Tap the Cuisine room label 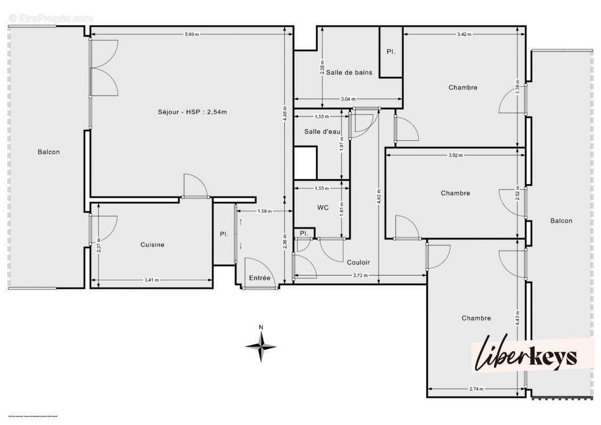[x=152, y=245]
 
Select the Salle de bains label [x=349, y=72]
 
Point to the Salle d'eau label [x=322, y=131]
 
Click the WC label [x=323, y=208]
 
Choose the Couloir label [x=358, y=262]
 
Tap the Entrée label [x=260, y=278]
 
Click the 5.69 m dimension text [x=192, y=35]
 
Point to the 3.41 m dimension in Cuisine [x=151, y=280]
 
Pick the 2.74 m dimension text [x=476, y=389]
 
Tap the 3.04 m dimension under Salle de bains [x=349, y=99]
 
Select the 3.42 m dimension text [x=464, y=35]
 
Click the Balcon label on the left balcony [x=49, y=152]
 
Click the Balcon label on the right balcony [x=561, y=221]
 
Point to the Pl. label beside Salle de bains [x=391, y=52]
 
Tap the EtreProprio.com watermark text [x=50, y=18]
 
